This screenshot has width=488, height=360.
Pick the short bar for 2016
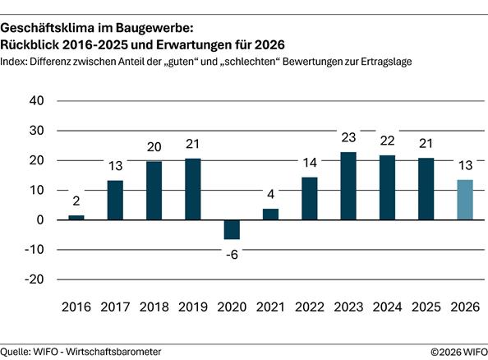(76, 217)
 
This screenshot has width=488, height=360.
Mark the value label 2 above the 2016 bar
(76, 200)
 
